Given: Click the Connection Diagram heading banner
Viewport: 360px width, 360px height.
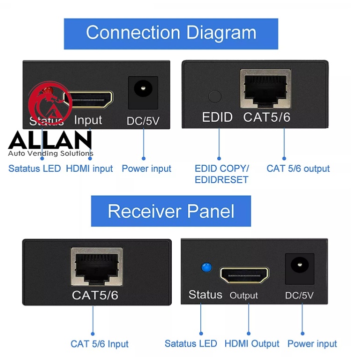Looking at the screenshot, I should (171, 34).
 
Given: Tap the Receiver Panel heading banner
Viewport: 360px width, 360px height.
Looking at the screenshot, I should (171, 211).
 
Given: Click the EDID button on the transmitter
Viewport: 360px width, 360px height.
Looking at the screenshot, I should (214, 96).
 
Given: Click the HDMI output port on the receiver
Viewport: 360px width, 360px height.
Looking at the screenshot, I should (244, 275).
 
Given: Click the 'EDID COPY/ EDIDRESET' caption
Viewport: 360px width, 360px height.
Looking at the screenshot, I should (221, 174).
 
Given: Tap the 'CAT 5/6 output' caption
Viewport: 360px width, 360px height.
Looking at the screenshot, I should (298, 169).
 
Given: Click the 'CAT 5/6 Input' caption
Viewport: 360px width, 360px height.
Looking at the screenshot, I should (99, 344).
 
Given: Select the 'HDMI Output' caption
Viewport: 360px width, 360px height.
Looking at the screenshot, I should (252, 343).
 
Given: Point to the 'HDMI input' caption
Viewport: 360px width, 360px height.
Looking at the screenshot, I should (89, 169).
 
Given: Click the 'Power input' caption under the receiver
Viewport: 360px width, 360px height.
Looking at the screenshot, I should (312, 343).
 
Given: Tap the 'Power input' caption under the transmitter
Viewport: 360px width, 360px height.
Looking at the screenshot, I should (146, 169).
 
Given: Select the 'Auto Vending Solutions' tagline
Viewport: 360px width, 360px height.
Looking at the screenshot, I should (51, 154).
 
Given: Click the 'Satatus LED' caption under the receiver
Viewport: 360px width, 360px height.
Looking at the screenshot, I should (191, 343).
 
